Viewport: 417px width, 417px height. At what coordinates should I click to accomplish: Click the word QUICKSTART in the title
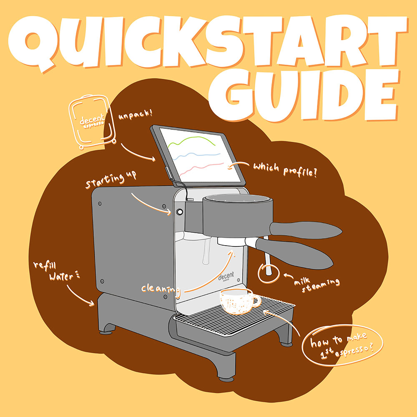click(x=208, y=40)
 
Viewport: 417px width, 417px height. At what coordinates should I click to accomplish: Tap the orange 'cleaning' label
click(x=160, y=288)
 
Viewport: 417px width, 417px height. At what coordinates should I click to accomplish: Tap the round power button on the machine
click(x=179, y=212)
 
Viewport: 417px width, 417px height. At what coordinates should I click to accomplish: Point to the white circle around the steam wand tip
click(x=267, y=271)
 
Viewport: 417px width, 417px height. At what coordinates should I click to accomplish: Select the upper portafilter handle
click(x=304, y=229)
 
